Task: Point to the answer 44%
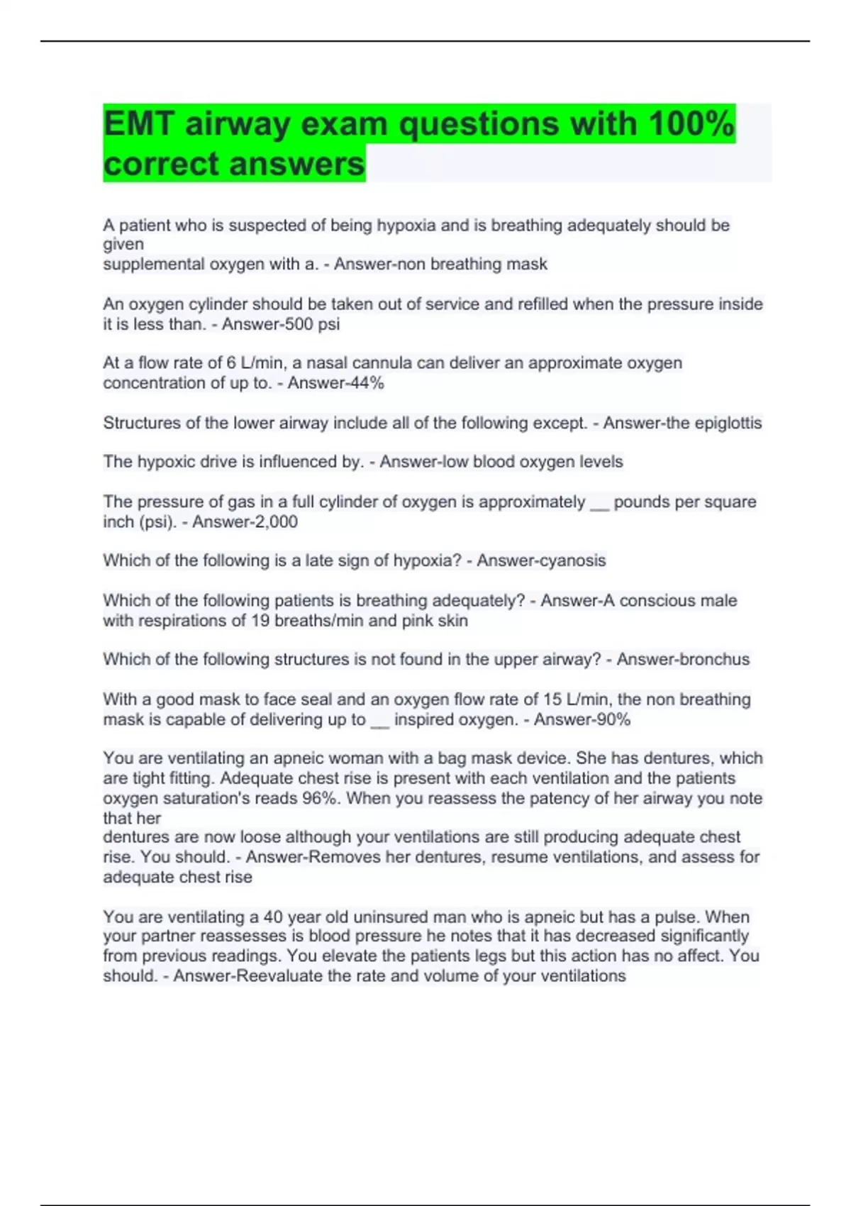pos(366,383)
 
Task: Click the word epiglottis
pos(728,423)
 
